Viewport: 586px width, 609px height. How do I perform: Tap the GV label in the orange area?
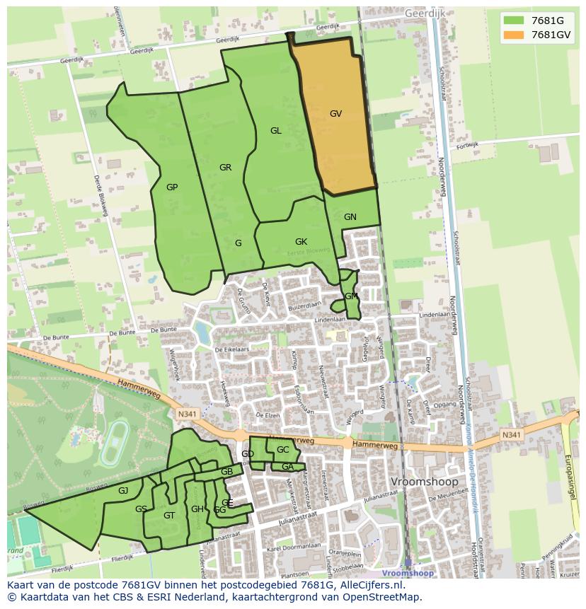coord(335,113)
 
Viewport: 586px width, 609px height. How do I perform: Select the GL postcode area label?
coord(275,130)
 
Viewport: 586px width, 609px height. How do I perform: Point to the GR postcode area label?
coord(225,168)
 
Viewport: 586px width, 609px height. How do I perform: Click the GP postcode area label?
coord(172,187)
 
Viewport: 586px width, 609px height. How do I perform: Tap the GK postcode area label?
coord(301,242)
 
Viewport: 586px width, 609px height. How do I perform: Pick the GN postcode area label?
coord(350,217)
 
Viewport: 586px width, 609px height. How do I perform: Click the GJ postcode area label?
coord(123,491)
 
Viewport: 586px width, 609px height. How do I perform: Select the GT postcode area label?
coord(168,516)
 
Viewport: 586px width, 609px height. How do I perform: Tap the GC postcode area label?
coord(282,450)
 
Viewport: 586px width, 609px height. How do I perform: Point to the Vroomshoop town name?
coord(425,482)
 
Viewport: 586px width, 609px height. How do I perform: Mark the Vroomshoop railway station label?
coord(408,574)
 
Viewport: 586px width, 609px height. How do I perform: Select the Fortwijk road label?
coord(467,146)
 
